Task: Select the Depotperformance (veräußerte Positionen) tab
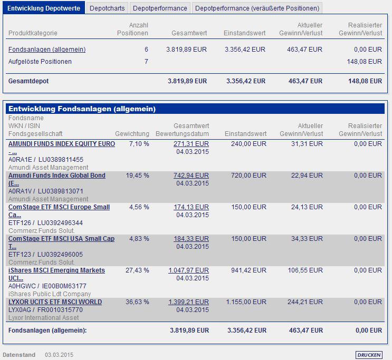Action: point(256,8)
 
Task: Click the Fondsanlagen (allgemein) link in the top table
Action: point(47,50)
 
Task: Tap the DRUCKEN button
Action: point(369,355)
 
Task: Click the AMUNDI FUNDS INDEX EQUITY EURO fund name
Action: point(61,144)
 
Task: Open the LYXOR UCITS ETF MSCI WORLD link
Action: point(55,302)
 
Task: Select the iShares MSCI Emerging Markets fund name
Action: point(56,270)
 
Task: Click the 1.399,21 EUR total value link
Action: point(188,302)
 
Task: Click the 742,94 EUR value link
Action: point(191,176)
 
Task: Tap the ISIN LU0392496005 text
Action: point(60,255)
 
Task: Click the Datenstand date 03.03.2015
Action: point(59,355)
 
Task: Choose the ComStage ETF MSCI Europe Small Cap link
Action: point(59,207)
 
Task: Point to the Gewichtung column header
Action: point(132,134)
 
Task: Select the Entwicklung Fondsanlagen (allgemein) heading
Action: point(82,109)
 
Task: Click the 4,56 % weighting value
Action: point(139,207)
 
